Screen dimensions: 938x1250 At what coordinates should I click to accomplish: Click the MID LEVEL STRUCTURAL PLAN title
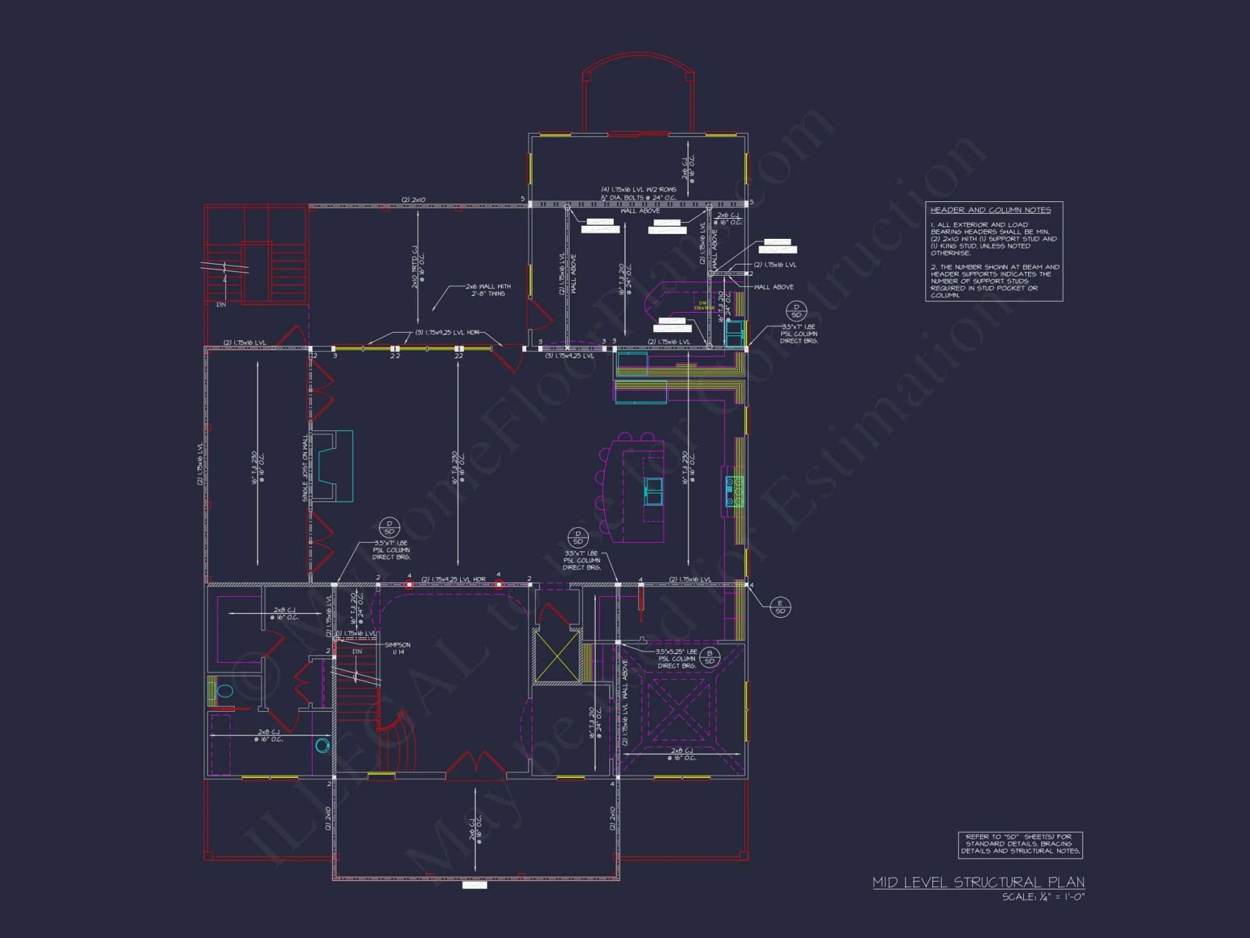click(978, 882)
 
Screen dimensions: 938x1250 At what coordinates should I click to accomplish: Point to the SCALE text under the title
click(1043, 897)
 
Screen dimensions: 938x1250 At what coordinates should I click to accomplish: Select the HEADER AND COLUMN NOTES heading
click(990, 210)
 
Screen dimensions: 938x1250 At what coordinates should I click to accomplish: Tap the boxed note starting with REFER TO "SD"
click(1020, 844)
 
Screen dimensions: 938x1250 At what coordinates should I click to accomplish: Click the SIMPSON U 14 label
click(397, 648)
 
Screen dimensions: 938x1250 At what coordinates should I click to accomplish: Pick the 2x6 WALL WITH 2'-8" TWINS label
click(488, 290)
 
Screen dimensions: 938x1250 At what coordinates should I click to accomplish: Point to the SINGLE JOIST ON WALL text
click(305, 468)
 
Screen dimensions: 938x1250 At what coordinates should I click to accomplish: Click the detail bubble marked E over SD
click(780, 607)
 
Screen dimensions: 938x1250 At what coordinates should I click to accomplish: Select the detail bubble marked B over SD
click(709, 657)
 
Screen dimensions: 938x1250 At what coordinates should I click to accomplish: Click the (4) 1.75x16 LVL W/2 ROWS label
click(638, 189)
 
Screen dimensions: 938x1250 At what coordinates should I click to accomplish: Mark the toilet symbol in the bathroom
click(223, 691)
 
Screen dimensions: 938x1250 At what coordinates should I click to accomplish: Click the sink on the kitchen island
click(653, 491)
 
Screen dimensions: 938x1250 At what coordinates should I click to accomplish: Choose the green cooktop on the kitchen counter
click(734, 491)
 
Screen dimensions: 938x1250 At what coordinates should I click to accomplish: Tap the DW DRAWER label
click(703, 305)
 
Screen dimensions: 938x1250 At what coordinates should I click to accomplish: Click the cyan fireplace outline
click(335, 466)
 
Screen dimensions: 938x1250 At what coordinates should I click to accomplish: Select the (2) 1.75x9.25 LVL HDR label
click(453, 579)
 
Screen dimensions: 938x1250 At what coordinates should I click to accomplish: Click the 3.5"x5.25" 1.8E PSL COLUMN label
click(676, 658)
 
